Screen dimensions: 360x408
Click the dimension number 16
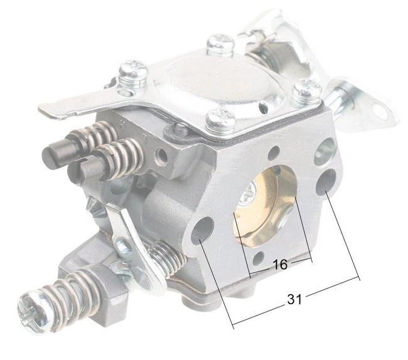click(x=280, y=265)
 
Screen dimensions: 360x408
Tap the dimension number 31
click(x=295, y=299)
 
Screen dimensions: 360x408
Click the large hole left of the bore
click(x=201, y=230)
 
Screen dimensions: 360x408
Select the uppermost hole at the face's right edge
click(x=326, y=150)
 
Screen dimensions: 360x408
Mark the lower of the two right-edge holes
click(x=326, y=184)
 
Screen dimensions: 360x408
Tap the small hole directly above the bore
click(x=274, y=152)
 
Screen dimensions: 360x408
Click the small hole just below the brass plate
click(x=258, y=258)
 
